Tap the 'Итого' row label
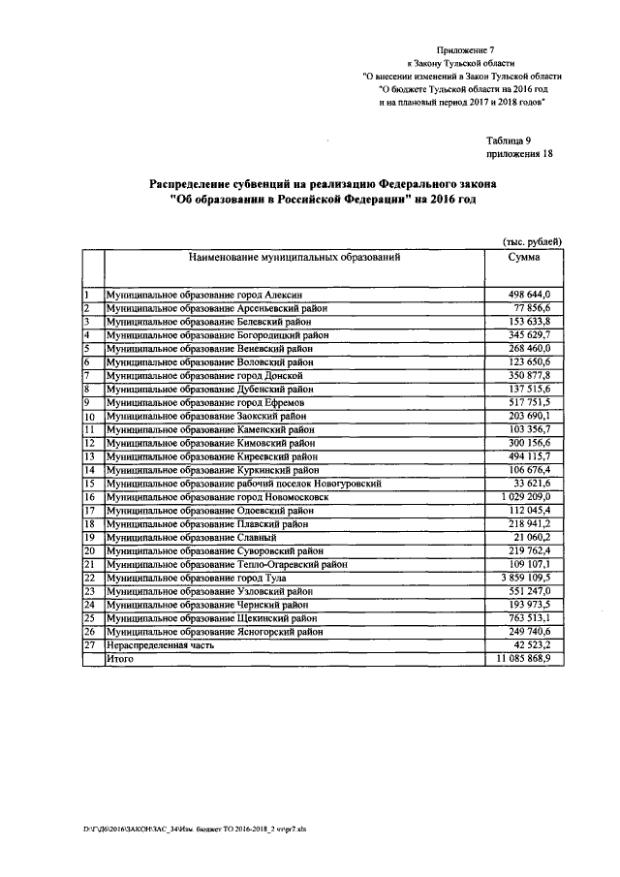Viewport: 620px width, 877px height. pos(121,658)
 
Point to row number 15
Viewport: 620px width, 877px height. pos(89,483)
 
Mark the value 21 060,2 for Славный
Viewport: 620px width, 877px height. pos(531,536)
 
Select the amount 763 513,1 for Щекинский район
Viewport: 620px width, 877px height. pos(528,617)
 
